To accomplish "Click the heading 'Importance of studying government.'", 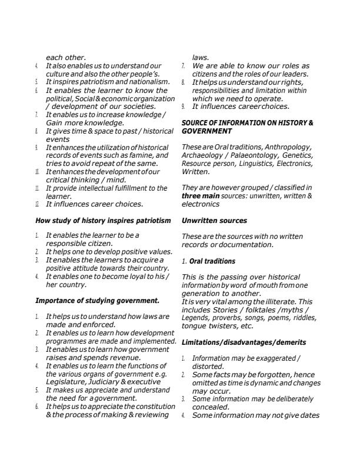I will (98, 301).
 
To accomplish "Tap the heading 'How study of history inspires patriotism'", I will (103, 221).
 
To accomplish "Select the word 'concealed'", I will (210, 407).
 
